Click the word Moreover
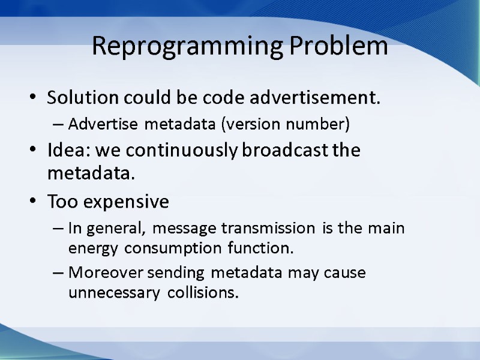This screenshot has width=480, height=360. click(x=98, y=273)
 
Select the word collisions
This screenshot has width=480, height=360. click(x=203, y=293)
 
